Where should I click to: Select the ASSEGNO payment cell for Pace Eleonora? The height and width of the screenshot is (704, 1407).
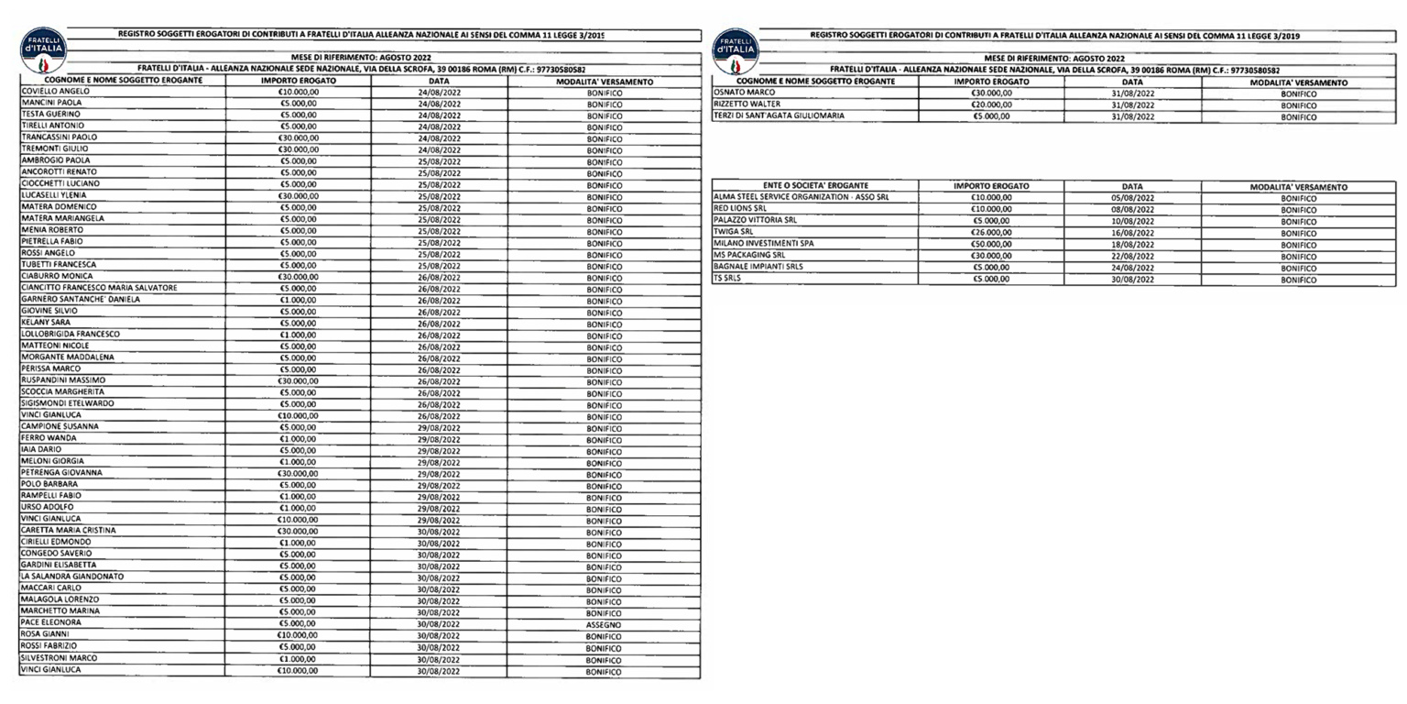(x=604, y=625)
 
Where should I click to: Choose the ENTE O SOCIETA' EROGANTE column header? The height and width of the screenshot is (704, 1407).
(x=815, y=186)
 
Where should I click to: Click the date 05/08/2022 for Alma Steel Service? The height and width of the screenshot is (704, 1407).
(x=1132, y=198)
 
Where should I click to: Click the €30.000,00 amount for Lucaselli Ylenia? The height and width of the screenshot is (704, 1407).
(x=298, y=195)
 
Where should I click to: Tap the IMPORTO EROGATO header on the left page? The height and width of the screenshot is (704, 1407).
(x=298, y=82)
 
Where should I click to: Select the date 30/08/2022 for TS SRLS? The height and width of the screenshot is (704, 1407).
(x=1132, y=280)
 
